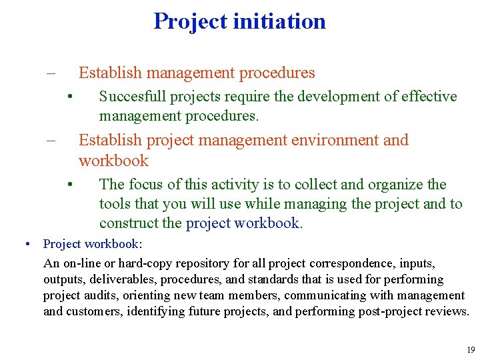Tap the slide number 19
[471, 350]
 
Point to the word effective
[429, 97]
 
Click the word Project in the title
[191, 21]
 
